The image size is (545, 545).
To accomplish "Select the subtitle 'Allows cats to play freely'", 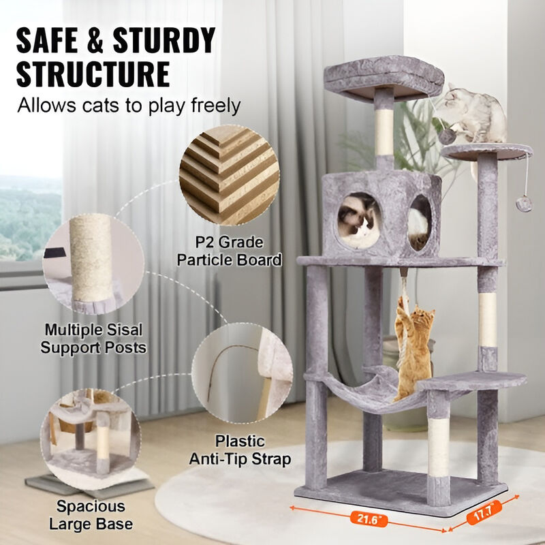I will point(129,106).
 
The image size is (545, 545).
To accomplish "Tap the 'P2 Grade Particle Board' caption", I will point(230,251).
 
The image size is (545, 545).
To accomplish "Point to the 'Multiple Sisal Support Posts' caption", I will point(93,339).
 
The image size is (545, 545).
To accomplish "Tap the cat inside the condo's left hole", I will point(359,219).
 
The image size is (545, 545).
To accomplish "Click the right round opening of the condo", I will point(419,221).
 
